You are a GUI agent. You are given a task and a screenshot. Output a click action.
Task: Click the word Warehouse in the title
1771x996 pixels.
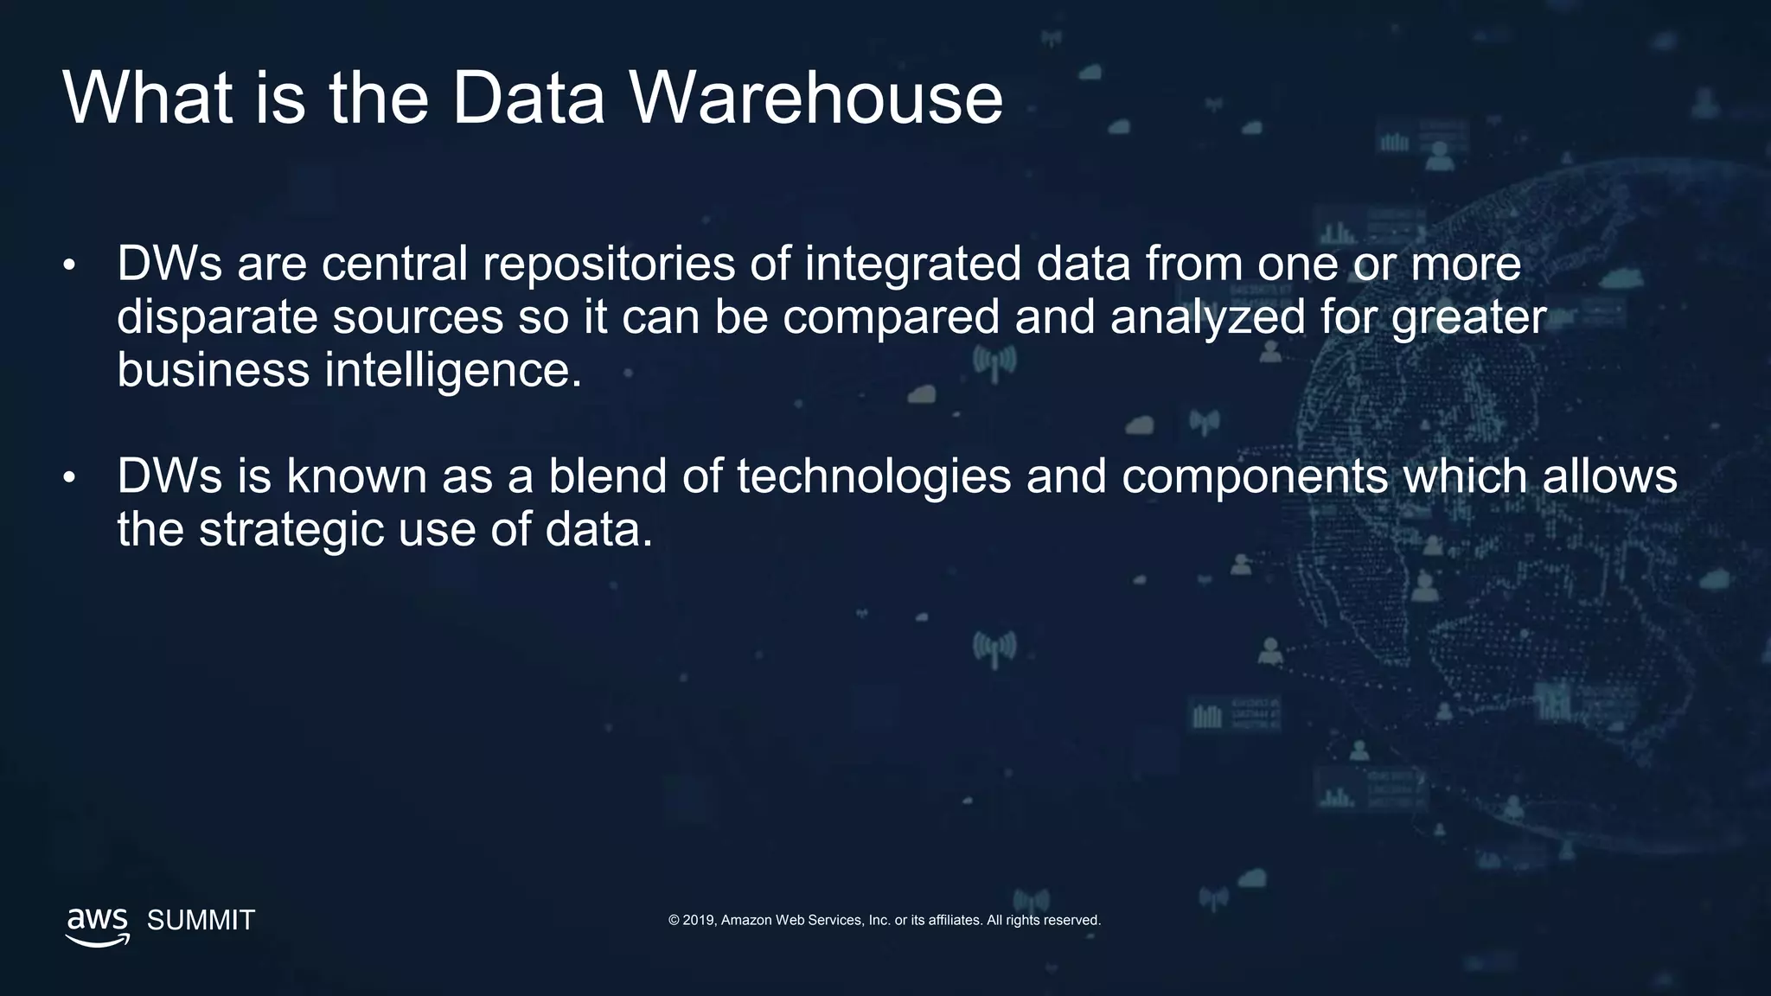pyautogui.click(x=815, y=98)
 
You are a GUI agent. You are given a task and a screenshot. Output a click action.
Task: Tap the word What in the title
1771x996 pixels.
pyautogui.click(x=147, y=98)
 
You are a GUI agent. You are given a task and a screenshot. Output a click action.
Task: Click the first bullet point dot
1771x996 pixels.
pyautogui.click(x=69, y=265)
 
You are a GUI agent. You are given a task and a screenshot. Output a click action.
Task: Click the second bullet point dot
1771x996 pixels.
pyautogui.click(x=69, y=477)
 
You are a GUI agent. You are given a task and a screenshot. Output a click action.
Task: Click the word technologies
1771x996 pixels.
pyautogui.click(x=873, y=477)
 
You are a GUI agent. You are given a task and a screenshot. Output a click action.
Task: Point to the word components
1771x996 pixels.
pyautogui.click(x=1254, y=477)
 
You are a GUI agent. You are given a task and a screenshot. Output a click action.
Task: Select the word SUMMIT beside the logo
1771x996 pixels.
pyautogui.click(x=201, y=920)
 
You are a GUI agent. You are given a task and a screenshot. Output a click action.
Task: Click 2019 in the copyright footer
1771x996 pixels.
pyautogui.click(x=698, y=920)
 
